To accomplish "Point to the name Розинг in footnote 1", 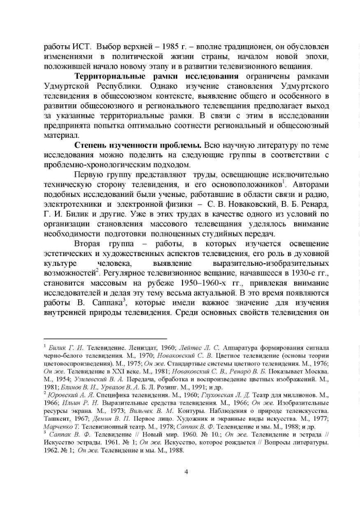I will (x=166, y=388).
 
